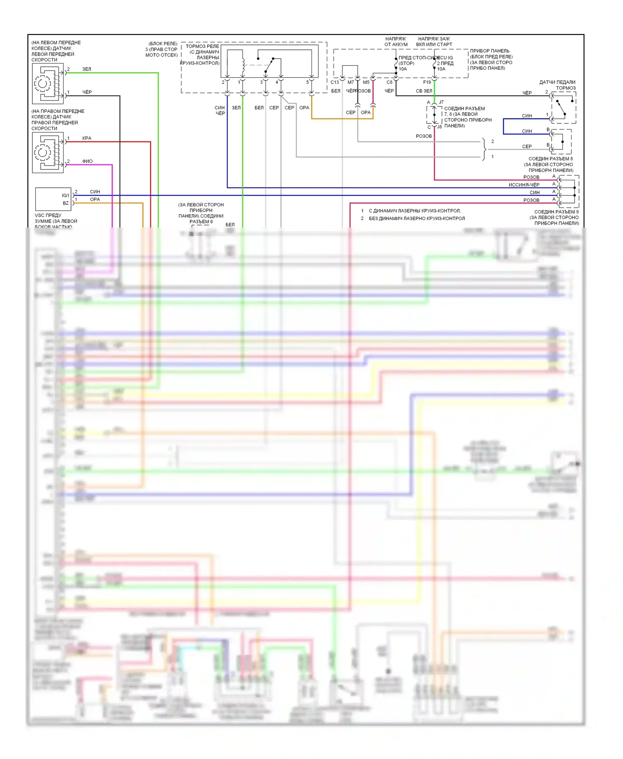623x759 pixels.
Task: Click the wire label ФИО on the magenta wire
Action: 87,161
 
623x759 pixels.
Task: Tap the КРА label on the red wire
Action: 87,138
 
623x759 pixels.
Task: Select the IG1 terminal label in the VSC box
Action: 65,195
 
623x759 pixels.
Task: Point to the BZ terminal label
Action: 66,203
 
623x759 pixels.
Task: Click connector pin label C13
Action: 335,82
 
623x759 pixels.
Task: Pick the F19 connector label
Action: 427,82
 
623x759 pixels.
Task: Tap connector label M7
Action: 351,82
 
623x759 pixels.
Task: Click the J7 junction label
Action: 441,102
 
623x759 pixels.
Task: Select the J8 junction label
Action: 439,127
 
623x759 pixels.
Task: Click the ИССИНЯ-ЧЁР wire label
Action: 524,185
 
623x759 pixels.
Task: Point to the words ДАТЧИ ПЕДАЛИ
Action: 557,82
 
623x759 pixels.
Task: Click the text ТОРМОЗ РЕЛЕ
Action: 202,46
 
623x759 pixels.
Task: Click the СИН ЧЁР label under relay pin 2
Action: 220,110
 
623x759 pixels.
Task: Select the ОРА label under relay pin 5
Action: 304,108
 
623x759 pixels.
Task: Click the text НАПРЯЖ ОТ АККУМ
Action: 396,42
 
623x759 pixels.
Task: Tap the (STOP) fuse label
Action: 407,63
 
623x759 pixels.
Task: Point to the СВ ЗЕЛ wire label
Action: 424,91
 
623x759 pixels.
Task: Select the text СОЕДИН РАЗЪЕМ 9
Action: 556,212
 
